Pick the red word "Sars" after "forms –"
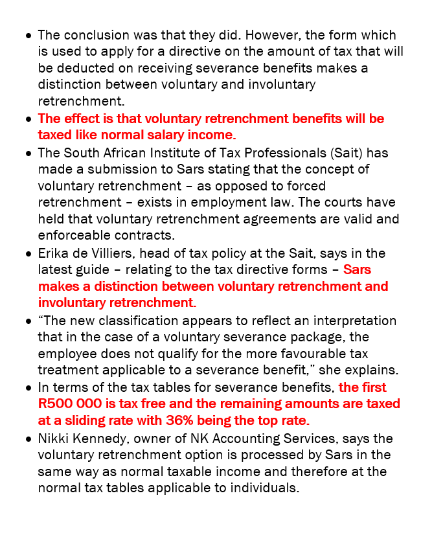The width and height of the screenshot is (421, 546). (357, 269)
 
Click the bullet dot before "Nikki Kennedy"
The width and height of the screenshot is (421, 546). (28, 438)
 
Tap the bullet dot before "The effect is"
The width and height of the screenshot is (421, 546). (28, 119)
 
